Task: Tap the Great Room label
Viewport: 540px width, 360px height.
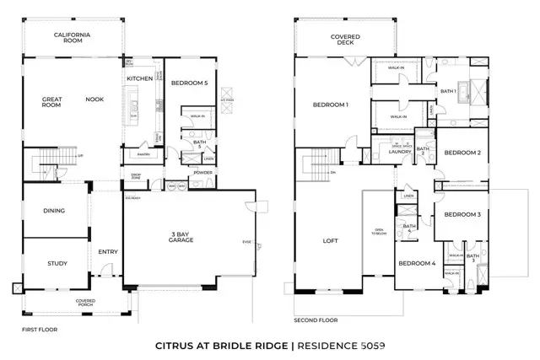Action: pyautogui.click(x=52, y=102)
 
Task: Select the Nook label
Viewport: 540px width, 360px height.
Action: pyautogui.click(x=94, y=99)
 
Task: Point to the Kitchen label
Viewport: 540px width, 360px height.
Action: pyautogui.click(x=139, y=78)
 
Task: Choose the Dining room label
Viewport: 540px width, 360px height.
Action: pyautogui.click(x=54, y=211)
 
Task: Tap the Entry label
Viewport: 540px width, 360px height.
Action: pyautogui.click(x=107, y=251)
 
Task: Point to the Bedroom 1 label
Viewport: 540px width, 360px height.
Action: pyautogui.click(x=331, y=105)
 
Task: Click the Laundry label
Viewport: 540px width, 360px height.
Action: pyautogui.click(x=400, y=152)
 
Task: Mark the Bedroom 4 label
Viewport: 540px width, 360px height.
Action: pyautogui.click(x=418, y=263)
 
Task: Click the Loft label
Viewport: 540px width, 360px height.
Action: pyautogui.click(x=330, y=241)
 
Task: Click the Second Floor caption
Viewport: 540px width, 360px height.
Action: pyautogui.click(x=316, y=320)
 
